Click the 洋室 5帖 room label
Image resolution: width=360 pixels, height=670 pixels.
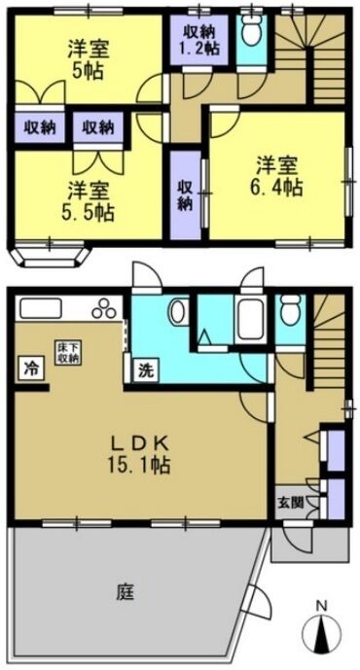[x=89, y=60]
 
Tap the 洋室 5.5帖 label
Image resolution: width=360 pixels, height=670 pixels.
[x=90, y=201]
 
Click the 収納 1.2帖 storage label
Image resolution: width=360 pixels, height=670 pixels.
[x=199, y=40]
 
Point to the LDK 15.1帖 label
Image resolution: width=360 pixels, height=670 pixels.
[x=141, y=454]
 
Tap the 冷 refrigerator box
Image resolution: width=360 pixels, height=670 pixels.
[x=30, y=368]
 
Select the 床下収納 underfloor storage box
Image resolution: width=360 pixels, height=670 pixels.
[x=67, y=353]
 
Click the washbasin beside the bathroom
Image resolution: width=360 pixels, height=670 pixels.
[x=178, y=312]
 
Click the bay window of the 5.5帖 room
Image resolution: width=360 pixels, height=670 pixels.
[x=50, y=254]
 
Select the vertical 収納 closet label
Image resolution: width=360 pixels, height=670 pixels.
[x=185, y=194]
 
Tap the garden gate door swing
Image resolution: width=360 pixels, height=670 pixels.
[x=260, y=602]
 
